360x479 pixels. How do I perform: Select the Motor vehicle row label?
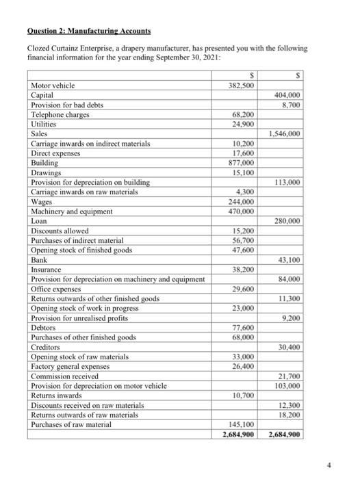[53, 86]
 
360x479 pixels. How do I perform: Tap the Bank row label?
[40, 261]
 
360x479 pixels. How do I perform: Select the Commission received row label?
[68, 377]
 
